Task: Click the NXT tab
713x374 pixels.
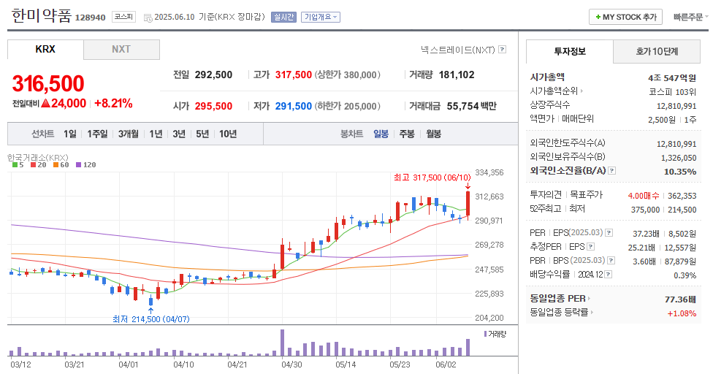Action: (x=121, y=50)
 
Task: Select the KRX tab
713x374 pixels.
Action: (x=45, y=50)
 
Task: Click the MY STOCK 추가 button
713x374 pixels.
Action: (x=625, y=17)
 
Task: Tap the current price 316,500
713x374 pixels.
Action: (x=48, y=83)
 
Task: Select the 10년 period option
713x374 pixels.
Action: (x=228, y=134)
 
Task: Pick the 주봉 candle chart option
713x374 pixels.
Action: (x=407, y=134)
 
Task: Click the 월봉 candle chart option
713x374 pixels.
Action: (x=434, y=134)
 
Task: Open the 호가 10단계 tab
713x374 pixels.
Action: (x=657, y=52)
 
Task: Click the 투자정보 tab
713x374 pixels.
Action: (x=570, y=52)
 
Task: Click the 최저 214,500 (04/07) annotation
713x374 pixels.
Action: (x=151, y=319)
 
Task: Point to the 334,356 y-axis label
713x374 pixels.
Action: (x=489, y=172)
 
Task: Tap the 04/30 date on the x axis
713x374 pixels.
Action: (x=291, y=363)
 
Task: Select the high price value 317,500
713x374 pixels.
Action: (x=293, y=75)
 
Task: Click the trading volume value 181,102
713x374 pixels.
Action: (x=457, y=75)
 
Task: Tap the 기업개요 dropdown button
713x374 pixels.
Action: (x=321, y=17)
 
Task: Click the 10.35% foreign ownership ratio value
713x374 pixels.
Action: (x=680, y=172)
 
